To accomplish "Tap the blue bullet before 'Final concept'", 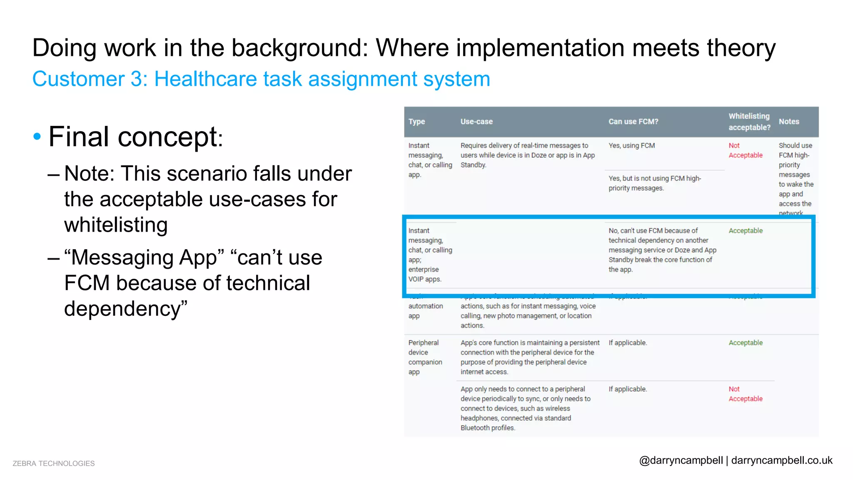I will pyautogui.click(x=37, y=136).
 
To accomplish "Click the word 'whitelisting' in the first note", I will pyautogui.click(x=116, y=225).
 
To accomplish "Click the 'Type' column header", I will pyautogui.click(x=417, y=122).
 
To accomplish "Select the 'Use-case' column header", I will pyautogui.click(x=476, y=122).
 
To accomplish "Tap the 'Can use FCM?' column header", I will pyautogui.click(x=633, y=122).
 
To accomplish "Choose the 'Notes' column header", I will pyautogui.click(x=789, y=122).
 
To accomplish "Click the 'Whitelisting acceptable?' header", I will pyautogui.click(x=749, y=122).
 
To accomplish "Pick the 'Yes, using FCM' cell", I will pyautogui.click(x=631, y=146).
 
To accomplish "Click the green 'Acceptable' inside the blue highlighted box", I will pyautogui.click(x=746, y=231).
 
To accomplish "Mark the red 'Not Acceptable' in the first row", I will pyautogui.click(x=745, y=150).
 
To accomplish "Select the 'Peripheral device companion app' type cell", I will pyautogui.click(x=425, y=357).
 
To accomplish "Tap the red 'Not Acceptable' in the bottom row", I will pyautogui.click(x=745, y=394).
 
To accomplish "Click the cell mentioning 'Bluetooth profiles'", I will pyautogui.click(x=525, y=408).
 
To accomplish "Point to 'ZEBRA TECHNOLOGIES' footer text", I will pyautogui.click(x=54, y=463).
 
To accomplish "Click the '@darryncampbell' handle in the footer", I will pyautogui.click(x=681, y=460).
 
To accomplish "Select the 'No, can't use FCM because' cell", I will pyautogui.click(x=662, y=250).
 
